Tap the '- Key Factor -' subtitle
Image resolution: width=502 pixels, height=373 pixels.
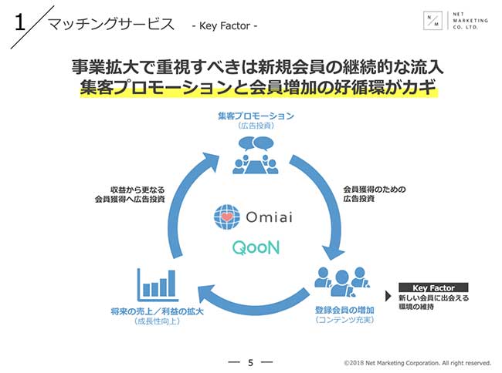(224, 27)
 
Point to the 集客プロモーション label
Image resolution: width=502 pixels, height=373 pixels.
(256, 116)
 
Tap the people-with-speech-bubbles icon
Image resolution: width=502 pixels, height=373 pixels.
(256, 150)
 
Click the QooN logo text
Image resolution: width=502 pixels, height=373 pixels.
(251, 249)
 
